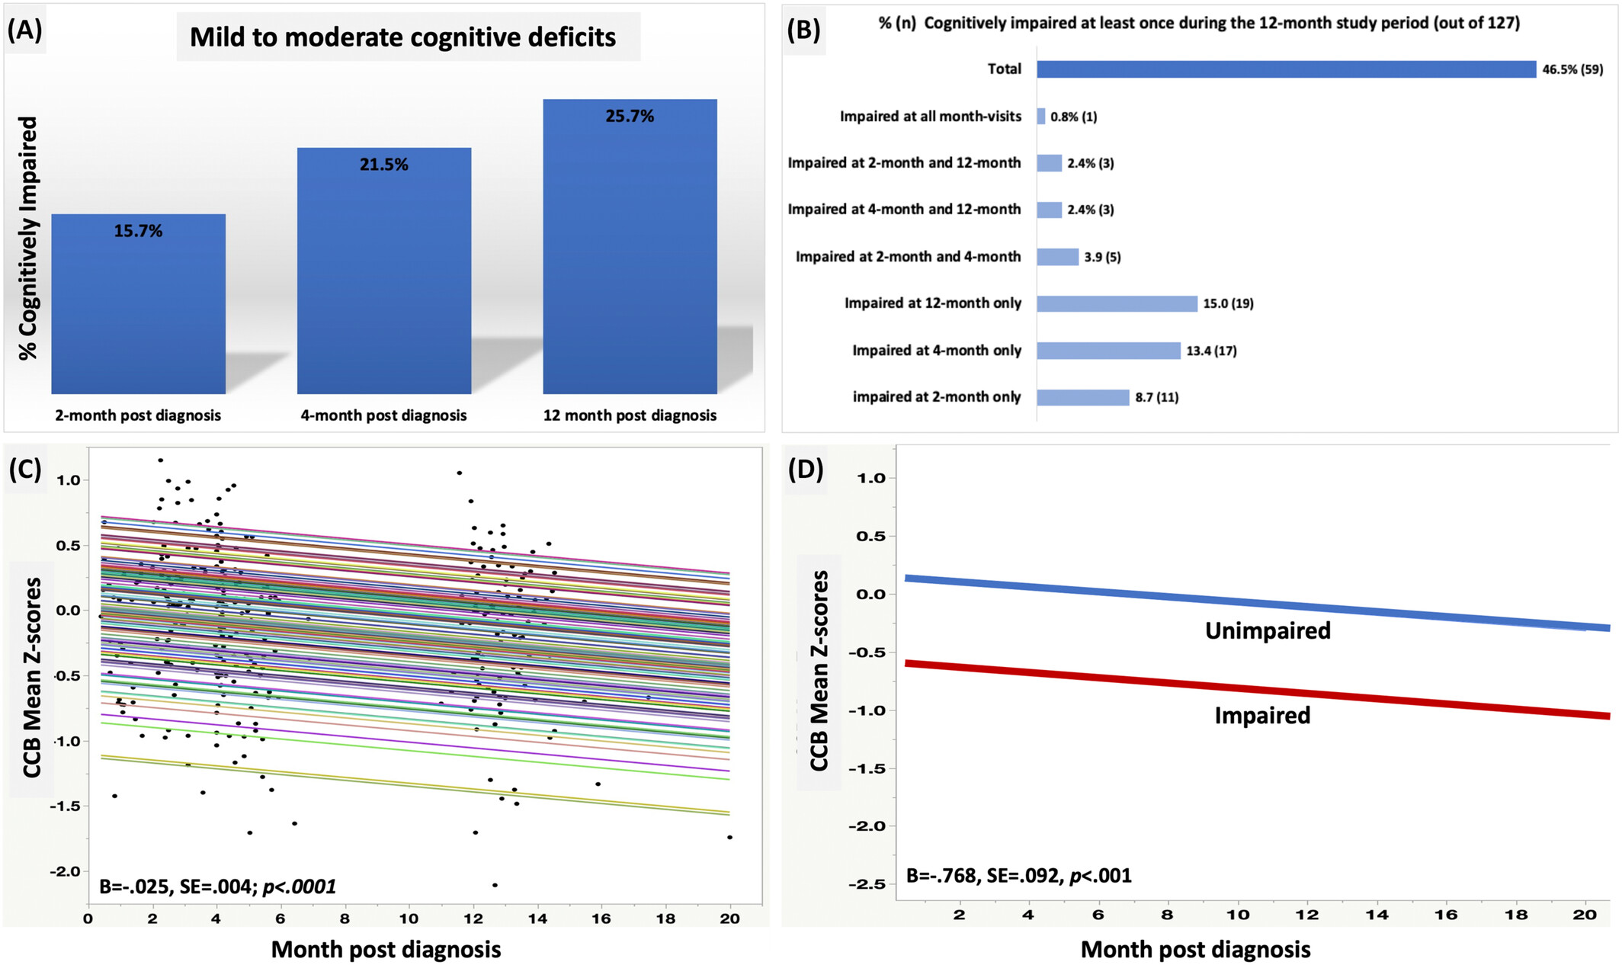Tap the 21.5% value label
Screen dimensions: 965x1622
(x=383, y=165)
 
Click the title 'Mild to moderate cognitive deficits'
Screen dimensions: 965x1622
(x=402, y=37)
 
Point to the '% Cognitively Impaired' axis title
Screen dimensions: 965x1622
(x=28, y=238)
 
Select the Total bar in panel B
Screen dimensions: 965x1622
(x=1285, y=69)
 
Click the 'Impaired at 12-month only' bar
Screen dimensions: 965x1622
(x=1117, y=303)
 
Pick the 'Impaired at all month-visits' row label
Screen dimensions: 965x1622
(x=930, y=117)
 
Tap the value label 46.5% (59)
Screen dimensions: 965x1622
(x=1572, y=69)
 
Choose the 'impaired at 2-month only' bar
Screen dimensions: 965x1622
(x=1082, y=397)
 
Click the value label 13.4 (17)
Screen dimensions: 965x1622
(x=1211, y=351)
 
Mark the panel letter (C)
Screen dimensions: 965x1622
(x=25, y=469)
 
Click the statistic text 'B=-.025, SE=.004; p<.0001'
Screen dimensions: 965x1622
(x=217, y=886)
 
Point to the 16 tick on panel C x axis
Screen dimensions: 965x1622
(x=601, y=919)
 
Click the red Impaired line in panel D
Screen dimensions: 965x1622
(x=1258, y=690)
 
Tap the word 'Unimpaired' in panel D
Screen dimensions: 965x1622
(x=1268, y=630)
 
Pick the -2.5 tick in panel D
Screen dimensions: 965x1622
(x=869, y=884)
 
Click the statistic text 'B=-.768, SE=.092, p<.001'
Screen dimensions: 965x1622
(x=1018, y=876)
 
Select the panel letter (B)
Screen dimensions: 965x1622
(x=803, y=29)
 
